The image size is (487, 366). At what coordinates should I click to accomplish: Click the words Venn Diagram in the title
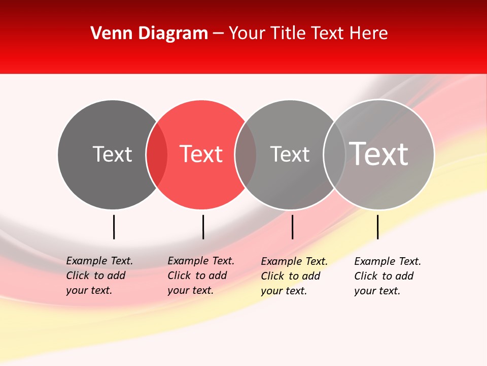click(x=149, y=34)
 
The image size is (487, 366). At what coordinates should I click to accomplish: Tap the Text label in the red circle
click(x=201, y=154)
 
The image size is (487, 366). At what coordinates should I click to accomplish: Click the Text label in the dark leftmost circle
click(x=112, y=154)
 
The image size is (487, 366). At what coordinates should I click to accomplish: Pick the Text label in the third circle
click(x=290, y=154)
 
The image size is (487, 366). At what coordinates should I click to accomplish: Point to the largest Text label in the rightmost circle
click(x=379, y=154)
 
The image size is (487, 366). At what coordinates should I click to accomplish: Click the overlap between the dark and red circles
click(x=157, y=155)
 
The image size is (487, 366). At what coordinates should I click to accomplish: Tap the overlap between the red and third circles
click(x=246, y=155)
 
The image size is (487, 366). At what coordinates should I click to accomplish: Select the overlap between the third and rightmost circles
click(x=334, y=155)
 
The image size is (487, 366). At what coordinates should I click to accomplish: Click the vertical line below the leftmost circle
click(x=114, y=227)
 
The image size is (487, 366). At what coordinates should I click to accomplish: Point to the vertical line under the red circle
click(x=203, y=227)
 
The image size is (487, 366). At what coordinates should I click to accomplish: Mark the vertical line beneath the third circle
click(x=292, y=227)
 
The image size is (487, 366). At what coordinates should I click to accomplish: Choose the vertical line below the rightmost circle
click(x=377, y=227)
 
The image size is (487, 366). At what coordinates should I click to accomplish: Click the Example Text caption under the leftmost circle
click(x=99, y=276)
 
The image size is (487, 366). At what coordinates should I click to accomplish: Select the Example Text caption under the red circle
click(x=201, y=276)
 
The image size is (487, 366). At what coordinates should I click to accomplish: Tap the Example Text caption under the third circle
click(x=294, y=276)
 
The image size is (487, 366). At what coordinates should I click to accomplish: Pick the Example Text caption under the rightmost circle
click(x=388, y=276)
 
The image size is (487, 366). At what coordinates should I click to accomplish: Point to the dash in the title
click(x=218, y=34)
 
